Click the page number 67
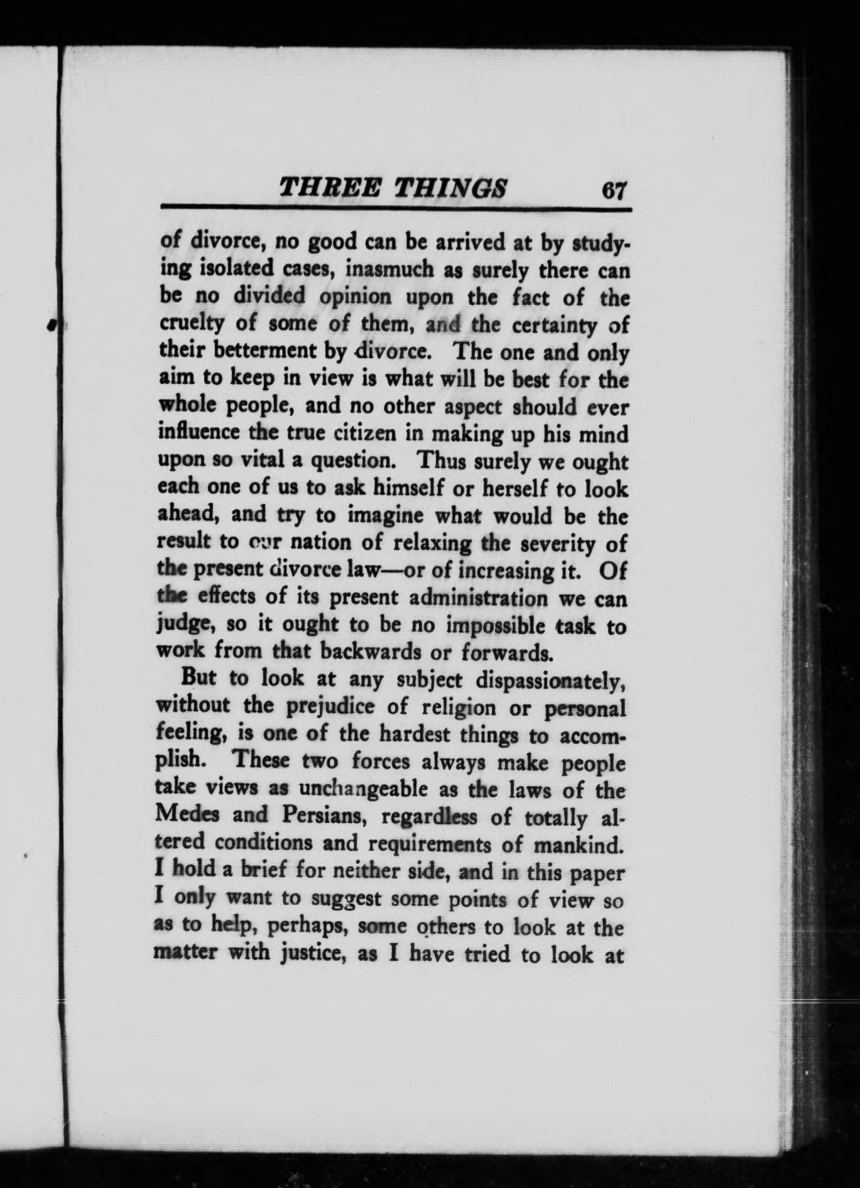[x=614, y=189]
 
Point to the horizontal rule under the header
[x=396, y=208]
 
